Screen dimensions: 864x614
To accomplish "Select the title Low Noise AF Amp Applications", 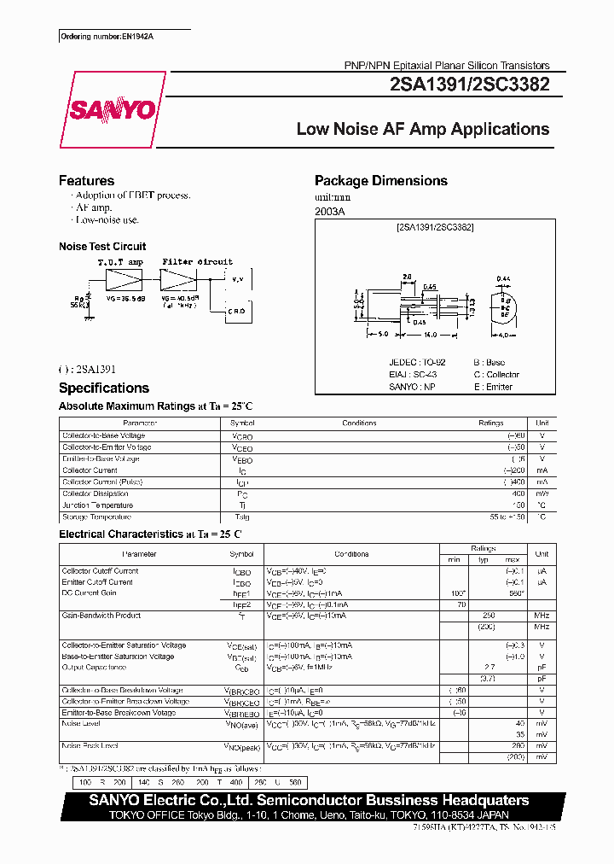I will (x=422, y=129).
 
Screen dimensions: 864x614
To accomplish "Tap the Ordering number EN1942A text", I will (x=101, y=37).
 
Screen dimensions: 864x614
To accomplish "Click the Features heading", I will (x=86, y=181).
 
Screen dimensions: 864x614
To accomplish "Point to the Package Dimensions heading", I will (x=380, y=181).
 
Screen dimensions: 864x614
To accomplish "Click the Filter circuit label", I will (x=197, y=262).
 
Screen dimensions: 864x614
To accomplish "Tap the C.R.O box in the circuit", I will (x=237, y=312).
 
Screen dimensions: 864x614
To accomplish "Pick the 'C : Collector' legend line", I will (x=496, y=375).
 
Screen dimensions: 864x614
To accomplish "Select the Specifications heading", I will (x=103, y=388).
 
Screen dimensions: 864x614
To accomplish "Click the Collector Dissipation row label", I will (x=96, y=493).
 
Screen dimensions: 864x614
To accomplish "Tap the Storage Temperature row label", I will (x=96, y=517).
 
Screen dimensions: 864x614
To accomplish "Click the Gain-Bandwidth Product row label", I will (x=101, y=615).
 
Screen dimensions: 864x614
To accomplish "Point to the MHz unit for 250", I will (x=542, y=616).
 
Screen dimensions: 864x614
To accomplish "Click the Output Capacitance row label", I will (x=92, y=668).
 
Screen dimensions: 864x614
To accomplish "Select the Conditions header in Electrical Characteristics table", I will (x=351, y=554).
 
